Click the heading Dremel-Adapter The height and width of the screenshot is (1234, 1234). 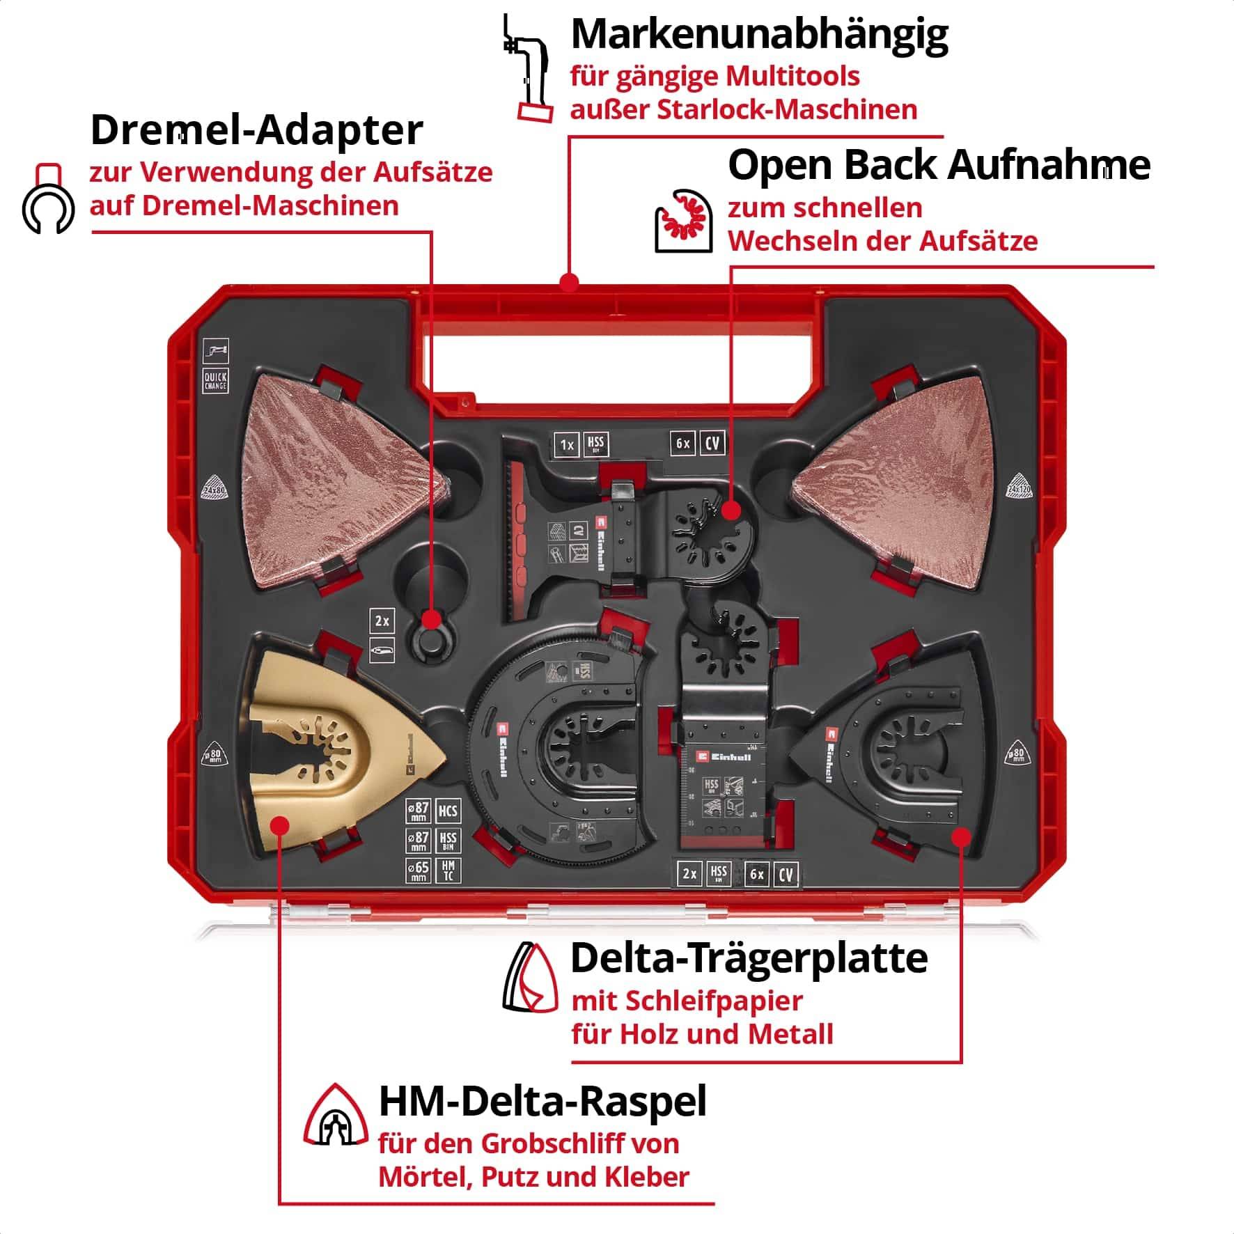coord(256,130)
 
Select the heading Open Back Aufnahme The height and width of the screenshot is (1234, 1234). coord(938,166)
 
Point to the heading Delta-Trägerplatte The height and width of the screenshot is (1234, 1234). coord(749,958)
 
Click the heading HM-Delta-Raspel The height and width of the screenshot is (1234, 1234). coord(542,1101)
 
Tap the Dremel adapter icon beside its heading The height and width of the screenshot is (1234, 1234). coord(48,199)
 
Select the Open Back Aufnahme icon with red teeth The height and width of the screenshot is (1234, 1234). coord(683,221)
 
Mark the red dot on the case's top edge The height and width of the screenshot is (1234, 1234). coord(570,282)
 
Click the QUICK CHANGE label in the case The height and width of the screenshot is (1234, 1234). coord(215,381)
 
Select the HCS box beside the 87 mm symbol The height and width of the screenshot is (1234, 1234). coord(448,811)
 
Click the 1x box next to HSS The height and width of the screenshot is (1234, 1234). coord(567,444)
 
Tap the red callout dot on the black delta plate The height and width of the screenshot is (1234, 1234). coord(960,835)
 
